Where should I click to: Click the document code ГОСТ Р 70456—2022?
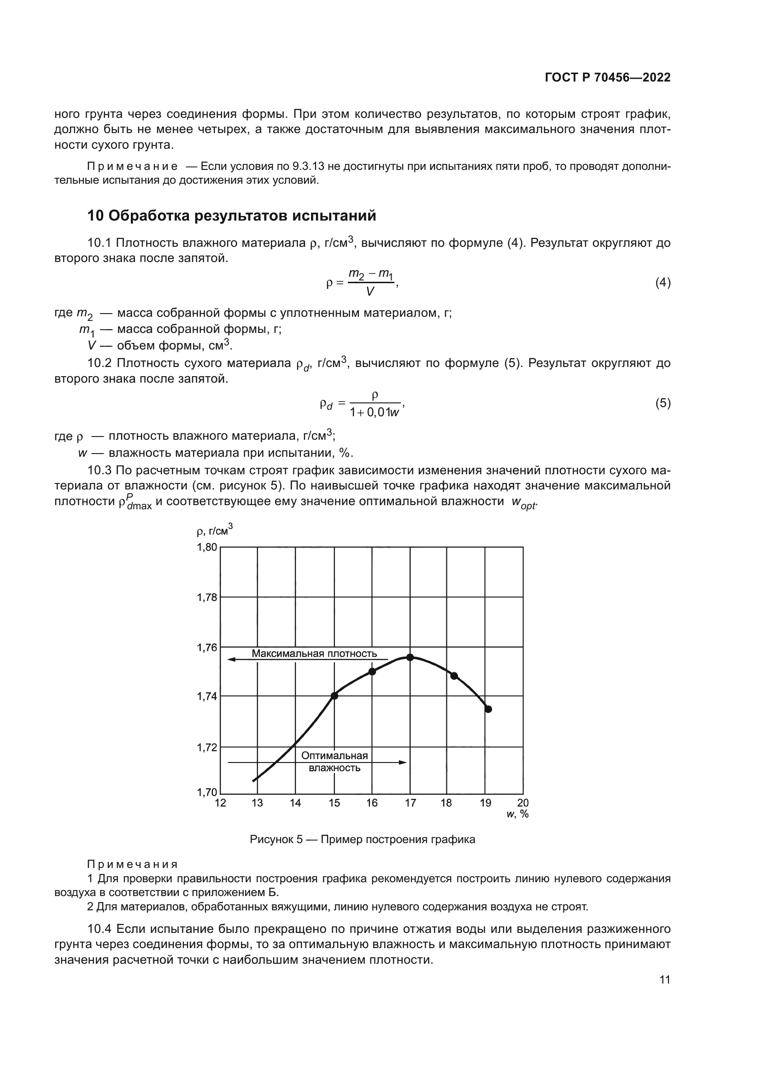click(608, 77)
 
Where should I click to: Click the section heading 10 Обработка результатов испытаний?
click(232, 215)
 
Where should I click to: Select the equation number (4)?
click(662, 282)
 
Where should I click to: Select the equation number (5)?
click(662, 403)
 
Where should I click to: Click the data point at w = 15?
click(334, 696)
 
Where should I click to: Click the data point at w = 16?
click(372, 671)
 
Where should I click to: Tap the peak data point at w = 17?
click(410, 657)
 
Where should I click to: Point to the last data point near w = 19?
click(488, 709)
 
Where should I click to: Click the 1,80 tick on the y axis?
click(207, 547)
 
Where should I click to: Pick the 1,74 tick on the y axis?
click(207, 696)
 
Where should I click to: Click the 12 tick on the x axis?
click(220, 803)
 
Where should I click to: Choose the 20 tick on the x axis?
click(523, 803)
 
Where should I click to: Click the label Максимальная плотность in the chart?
click(314, 653)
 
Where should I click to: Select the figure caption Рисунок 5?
click(362, 839)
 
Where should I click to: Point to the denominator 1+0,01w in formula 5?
click(374, 412)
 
